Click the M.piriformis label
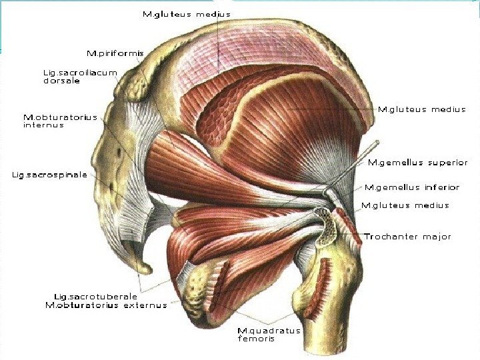[115, 53]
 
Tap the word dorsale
[61, 81]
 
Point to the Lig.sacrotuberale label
[95, 297]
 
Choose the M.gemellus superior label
[418, 162]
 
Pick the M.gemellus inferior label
[411, 187]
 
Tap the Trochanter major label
[407, 237]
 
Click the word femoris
[256, 339]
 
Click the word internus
[43, 125]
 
